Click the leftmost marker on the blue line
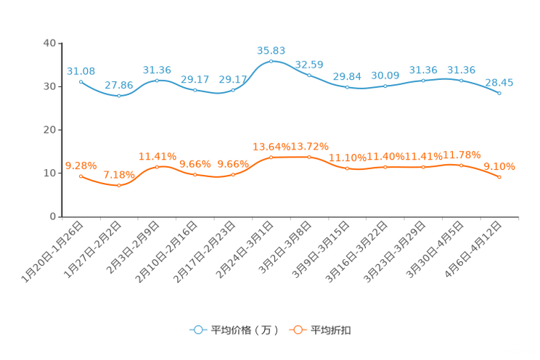pyautogui.click(x=81, y=81)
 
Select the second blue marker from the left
pyautogui.click(x=119, y=96)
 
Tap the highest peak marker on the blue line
pyautogui.click(x=271, y=61)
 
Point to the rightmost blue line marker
pyautogui.click(x=499, y=93)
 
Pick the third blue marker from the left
pyautogui.click(x=157, y=80)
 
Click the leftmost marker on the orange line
pyautogui.click(x=81, y=176)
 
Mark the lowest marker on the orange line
pyautogui.click(x=119, y=186)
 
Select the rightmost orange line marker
pyautogui.click(x=499, y=176)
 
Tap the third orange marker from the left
pyautogui.click(x=157, y=167)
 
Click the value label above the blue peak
pyautogui.click(x=271, y=50)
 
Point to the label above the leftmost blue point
pyautogui.click(x=81, y=70)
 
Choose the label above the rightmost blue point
pyautogui.click(x=499, y=82)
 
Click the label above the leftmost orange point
pyautogui.click(x=81, y=165)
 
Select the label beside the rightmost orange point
pyautogui.click(x=499, y=166)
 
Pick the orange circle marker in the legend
pyautogui.click(x=298, y=330)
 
